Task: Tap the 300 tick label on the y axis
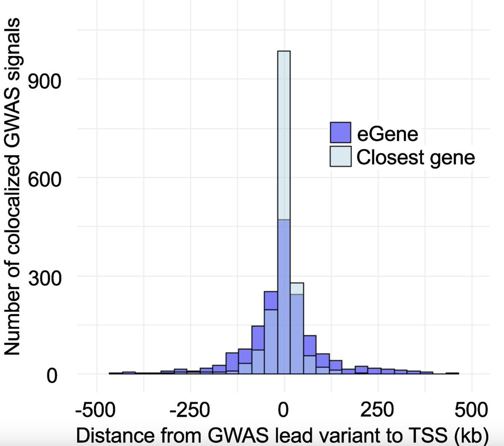pyautogui.click(x=44, y=278)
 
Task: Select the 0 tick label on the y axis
pyautogui.click(x=51, y=375)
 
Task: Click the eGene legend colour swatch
pyautogui.click(x=340, y=133)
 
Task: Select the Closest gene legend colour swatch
pyautogui.click(x=340, y=156)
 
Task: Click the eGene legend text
pyautogui.click(x=387, y=134)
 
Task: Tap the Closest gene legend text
pyautogui.click(x=415, y=158)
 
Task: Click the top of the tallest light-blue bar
pyautogui.click(x=284, y=52)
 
